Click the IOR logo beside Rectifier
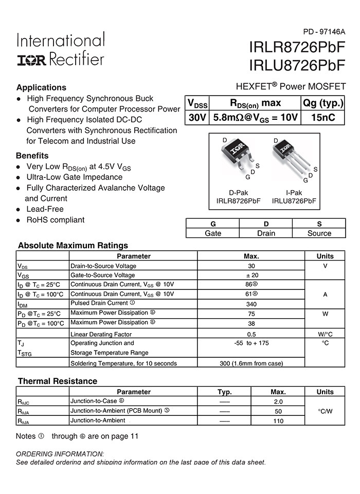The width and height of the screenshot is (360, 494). pos(31,60)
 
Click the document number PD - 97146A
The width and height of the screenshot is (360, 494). pos(325,32)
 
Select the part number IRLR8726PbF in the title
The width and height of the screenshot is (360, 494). pos(297,47)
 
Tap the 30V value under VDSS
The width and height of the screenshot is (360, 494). pos(197,117)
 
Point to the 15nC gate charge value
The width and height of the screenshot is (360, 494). pos(323,117)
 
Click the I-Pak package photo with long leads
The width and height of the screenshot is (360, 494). pos(291,159)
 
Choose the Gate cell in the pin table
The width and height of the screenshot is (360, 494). pos(213,233)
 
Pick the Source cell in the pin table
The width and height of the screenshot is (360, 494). pos(319,233)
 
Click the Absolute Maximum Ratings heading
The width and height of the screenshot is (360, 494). pos(73,245)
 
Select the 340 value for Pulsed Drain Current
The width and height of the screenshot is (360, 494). pos(251,304)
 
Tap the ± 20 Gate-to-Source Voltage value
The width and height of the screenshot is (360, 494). pos(251,275)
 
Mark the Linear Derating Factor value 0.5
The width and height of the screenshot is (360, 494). pos(251,334)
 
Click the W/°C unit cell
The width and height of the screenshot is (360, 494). pos(325,334)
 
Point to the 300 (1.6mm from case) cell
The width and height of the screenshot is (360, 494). pos(251,363)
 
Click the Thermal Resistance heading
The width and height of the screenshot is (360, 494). pos(57,381)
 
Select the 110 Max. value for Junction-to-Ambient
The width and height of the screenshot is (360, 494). pos(278,420)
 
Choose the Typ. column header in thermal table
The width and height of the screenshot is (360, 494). pos(225,392)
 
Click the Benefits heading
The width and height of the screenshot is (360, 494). pos(32,155)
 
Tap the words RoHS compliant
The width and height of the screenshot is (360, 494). pos(56,219)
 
